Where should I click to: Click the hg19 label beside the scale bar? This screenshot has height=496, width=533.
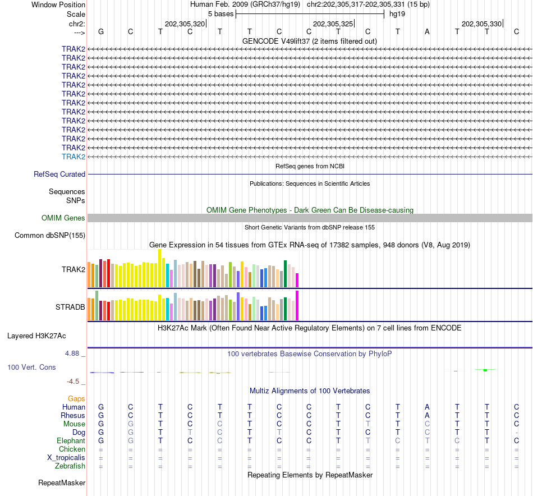pos(397,13)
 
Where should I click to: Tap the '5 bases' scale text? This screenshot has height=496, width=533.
pos(220,13)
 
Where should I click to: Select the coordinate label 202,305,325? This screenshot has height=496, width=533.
pos(333,24)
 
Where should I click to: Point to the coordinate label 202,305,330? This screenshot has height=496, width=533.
pos(481,24)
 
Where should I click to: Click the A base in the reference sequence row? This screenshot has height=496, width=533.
pos(427,31)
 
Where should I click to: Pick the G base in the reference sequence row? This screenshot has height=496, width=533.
pos(101,31)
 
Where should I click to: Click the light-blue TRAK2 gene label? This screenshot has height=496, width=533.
pos(73,157)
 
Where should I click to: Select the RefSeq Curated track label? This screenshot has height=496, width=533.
pos(59,174)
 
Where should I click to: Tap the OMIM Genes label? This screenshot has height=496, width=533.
pos(63,218)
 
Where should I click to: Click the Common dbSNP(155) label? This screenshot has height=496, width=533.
pos(50,236)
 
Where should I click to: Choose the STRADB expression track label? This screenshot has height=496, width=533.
pos(70,307)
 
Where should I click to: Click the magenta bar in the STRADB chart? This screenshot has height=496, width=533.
pos(297,306)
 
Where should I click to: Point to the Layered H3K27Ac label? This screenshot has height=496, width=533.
pos(36,336)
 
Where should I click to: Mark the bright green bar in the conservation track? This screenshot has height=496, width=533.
pos(485,370)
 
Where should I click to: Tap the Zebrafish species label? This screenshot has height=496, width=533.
pos(70,466)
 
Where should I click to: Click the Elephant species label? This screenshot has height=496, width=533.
pos(71,441)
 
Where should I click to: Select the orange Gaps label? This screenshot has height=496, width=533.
pos(76,398)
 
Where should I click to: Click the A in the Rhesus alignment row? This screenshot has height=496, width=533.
pos(427,416)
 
